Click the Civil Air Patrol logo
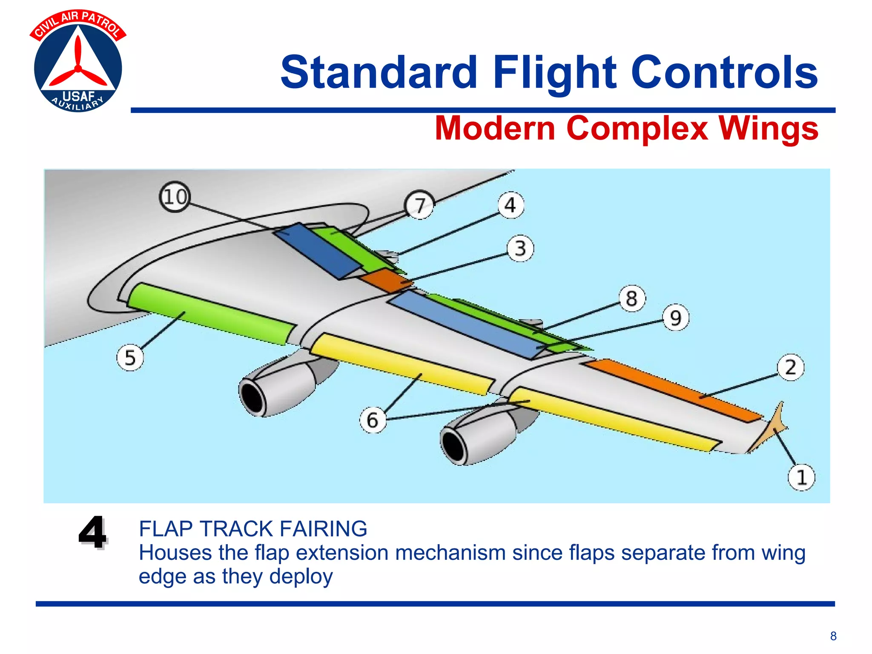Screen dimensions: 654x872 (x=78, y=62)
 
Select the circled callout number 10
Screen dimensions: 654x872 (x=175, y=197)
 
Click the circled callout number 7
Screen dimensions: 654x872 (x=420, y=205)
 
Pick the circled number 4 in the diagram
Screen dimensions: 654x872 (x=511, y=205)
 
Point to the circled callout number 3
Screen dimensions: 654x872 (x=520, y=248)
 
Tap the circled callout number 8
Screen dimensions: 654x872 (x=631, y=298)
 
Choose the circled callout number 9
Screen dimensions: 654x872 (x=675, y=318)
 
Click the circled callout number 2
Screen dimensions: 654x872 (x=790, y=367)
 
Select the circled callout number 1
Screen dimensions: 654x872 (x=801, y=477)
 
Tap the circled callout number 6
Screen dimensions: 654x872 (x=373, y=420)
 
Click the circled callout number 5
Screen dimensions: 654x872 (x=130, y=357)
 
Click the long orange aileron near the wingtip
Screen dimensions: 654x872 (x=673, y=390)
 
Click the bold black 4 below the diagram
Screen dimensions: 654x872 (x=92, y=532)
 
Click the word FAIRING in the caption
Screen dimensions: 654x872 (x=323, y=529)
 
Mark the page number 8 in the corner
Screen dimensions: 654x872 (x=833, y=636)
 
